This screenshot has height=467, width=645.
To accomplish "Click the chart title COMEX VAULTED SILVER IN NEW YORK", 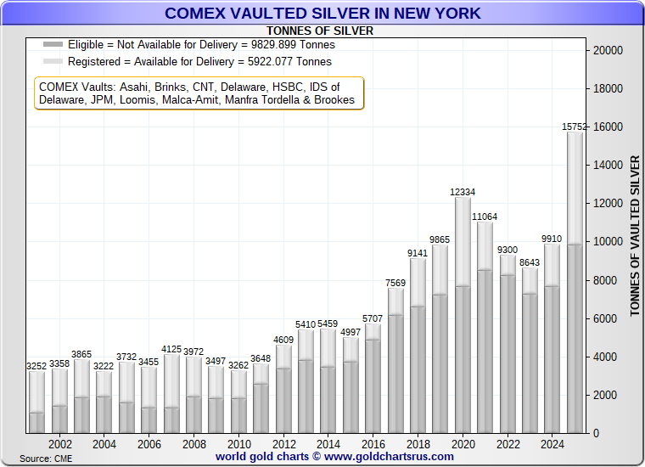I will click(x=322, y=13).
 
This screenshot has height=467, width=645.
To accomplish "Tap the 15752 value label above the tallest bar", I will click(x=575, y=127).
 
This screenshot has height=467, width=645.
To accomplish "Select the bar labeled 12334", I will click(x=463, y=314).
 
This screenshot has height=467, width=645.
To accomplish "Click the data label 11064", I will click(x=485, y=217).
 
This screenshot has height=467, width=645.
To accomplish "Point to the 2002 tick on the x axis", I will click(x=59, y=443).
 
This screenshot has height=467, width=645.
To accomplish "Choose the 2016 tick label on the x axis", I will click(x=373, y=443).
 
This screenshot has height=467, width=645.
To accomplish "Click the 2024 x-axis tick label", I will click(x=552, y=443).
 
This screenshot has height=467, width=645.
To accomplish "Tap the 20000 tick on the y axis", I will click(x=607, y=51).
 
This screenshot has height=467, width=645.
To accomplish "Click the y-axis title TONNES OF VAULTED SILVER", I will click(x=635, y=236).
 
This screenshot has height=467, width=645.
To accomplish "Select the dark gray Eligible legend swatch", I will click(x=53, y=45).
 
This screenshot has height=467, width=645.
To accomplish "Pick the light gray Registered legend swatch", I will click(x=53, y=62).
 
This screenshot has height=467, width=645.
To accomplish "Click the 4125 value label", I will click(x=171, y=349).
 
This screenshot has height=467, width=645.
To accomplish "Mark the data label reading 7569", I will click(x=395, y=283).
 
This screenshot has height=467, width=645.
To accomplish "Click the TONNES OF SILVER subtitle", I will click(x=320, y=31).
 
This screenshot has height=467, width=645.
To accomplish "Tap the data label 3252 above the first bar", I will click(x=37, y=366).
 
